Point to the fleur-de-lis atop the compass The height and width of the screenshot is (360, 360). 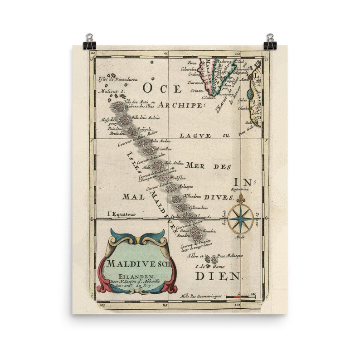coord(240,198)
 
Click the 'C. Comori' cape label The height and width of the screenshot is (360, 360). coord(209,97)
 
